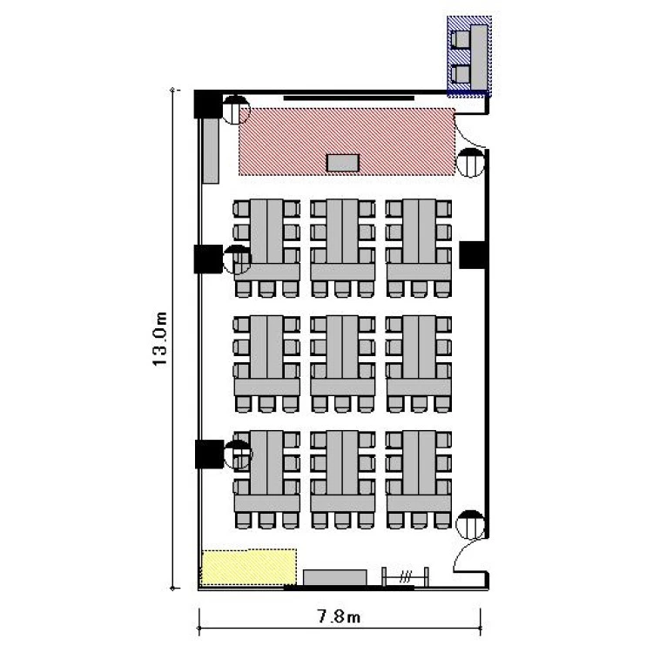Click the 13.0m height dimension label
160,339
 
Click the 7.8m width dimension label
339,616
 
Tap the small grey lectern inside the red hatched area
343,163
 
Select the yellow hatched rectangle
249,567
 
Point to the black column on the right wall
473,254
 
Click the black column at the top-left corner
208,105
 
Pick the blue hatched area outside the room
469,57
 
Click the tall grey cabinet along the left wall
211,151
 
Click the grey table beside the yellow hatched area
335,577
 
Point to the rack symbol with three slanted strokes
405,576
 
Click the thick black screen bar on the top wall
349,98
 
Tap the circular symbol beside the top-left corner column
236,110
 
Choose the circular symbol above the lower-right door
470,524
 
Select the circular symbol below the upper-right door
470,163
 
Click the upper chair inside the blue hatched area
461,40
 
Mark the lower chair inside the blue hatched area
461,75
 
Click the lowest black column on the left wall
209,454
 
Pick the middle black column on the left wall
208,259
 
